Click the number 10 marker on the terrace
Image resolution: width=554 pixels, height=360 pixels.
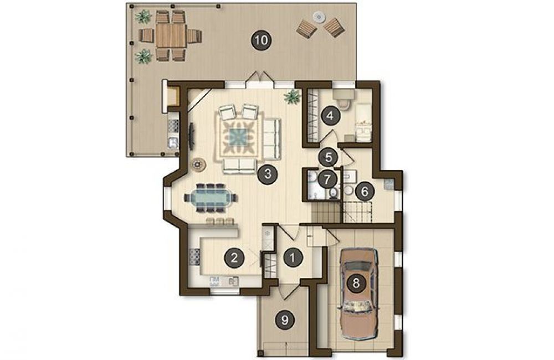[x=261, y=40]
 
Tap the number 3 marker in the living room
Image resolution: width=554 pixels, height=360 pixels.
[x=267, y=174]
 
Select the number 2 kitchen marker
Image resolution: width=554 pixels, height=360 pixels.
[x=234, y=258]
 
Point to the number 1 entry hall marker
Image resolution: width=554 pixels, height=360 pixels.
[x=293, y=258]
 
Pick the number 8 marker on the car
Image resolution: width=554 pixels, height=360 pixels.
[x=356, y=283]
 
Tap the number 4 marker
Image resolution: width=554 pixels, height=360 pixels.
[x=330, y=116]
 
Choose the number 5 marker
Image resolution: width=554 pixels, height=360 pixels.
[x=329, y=157]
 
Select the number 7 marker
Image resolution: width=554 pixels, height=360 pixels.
[x=327, y=179]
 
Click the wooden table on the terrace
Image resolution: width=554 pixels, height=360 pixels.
[x=171, y=35]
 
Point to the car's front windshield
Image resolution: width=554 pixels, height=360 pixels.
[x=357, y=266]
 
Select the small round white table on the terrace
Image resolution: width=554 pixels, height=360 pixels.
[x=319, y=17]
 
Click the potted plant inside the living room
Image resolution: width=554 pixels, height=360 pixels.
[x=292, y=96]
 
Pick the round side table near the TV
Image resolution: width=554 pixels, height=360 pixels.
[x=197, y=164]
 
